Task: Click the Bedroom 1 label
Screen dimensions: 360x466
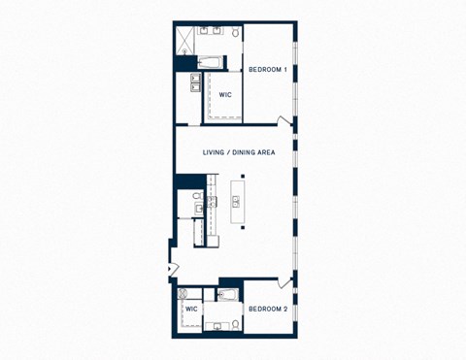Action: pos(267,69)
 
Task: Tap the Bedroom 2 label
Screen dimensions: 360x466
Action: pos(267,309)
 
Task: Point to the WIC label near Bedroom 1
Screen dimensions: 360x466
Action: pos(224,94)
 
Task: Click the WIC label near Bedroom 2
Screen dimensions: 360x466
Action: pos(191,309)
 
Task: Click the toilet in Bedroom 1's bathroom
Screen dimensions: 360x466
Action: pos(234,33)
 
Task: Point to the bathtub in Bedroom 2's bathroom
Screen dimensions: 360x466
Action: pos(229,294)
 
